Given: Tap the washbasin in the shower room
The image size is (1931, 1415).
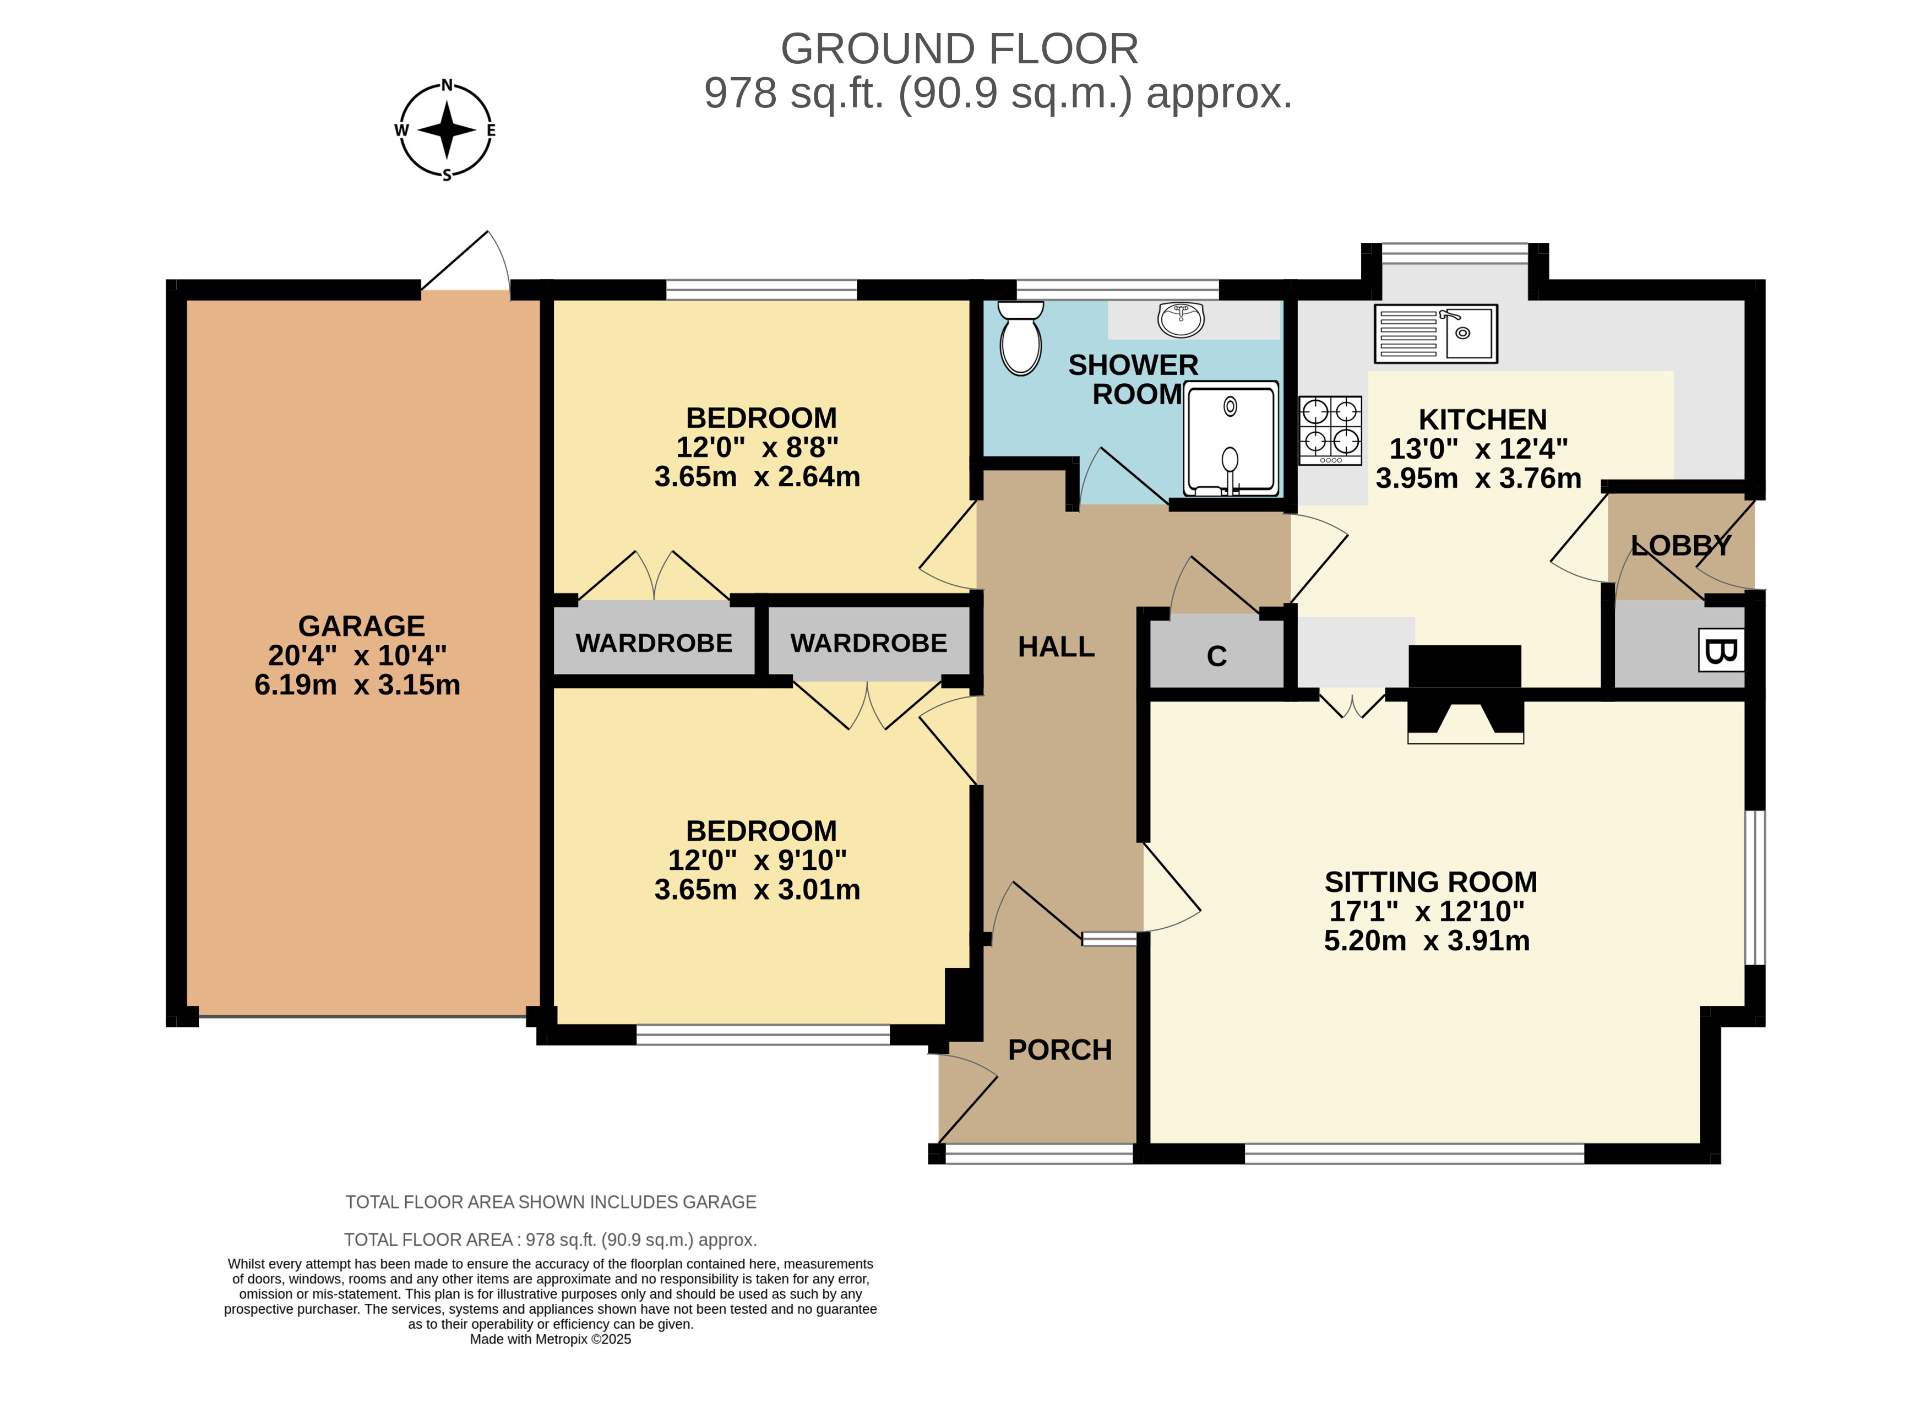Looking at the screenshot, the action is (1181, 319).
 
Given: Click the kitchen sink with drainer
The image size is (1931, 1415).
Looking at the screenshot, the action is (1436, 333).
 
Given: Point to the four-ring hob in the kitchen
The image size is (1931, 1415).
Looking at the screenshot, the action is (1330, 430).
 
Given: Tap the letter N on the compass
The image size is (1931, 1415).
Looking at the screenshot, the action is (447, 85).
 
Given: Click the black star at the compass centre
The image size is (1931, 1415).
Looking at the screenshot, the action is (447, 130).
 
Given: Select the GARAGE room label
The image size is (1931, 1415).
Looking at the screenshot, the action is (362, 626).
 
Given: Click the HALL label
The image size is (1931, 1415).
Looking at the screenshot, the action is (1056, 647).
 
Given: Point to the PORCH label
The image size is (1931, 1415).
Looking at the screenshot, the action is (1060, 1049).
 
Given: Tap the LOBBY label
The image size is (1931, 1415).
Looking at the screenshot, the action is (1681, 545).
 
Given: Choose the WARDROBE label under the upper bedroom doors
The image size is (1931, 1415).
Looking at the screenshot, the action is (654, 643).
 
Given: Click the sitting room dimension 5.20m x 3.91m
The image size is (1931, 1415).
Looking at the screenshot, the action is (1427, 940).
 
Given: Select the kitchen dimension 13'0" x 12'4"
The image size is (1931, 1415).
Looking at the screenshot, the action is (1478, 449).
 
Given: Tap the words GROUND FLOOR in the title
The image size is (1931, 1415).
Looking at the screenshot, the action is (960, 49).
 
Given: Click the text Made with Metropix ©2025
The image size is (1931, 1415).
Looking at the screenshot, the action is (550, 1339).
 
